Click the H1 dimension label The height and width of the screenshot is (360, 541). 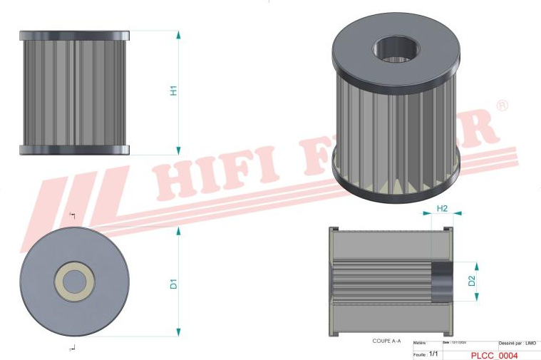(x=173, y=91)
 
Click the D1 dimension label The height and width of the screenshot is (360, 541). (x=173, y=283)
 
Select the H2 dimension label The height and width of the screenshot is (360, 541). (x=442, y=208)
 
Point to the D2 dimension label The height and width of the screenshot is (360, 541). (x=472, y=281)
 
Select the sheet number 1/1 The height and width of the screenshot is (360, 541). (x=435, y=354)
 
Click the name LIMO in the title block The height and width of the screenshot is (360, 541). (x=530, y=344)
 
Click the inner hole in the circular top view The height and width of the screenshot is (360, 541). (x=74, y=282)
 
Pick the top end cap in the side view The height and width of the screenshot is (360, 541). (x=75, y=35)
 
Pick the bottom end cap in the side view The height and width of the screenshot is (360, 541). (x=75, y=150)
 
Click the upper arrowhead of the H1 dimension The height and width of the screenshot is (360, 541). (x=178, y=35)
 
